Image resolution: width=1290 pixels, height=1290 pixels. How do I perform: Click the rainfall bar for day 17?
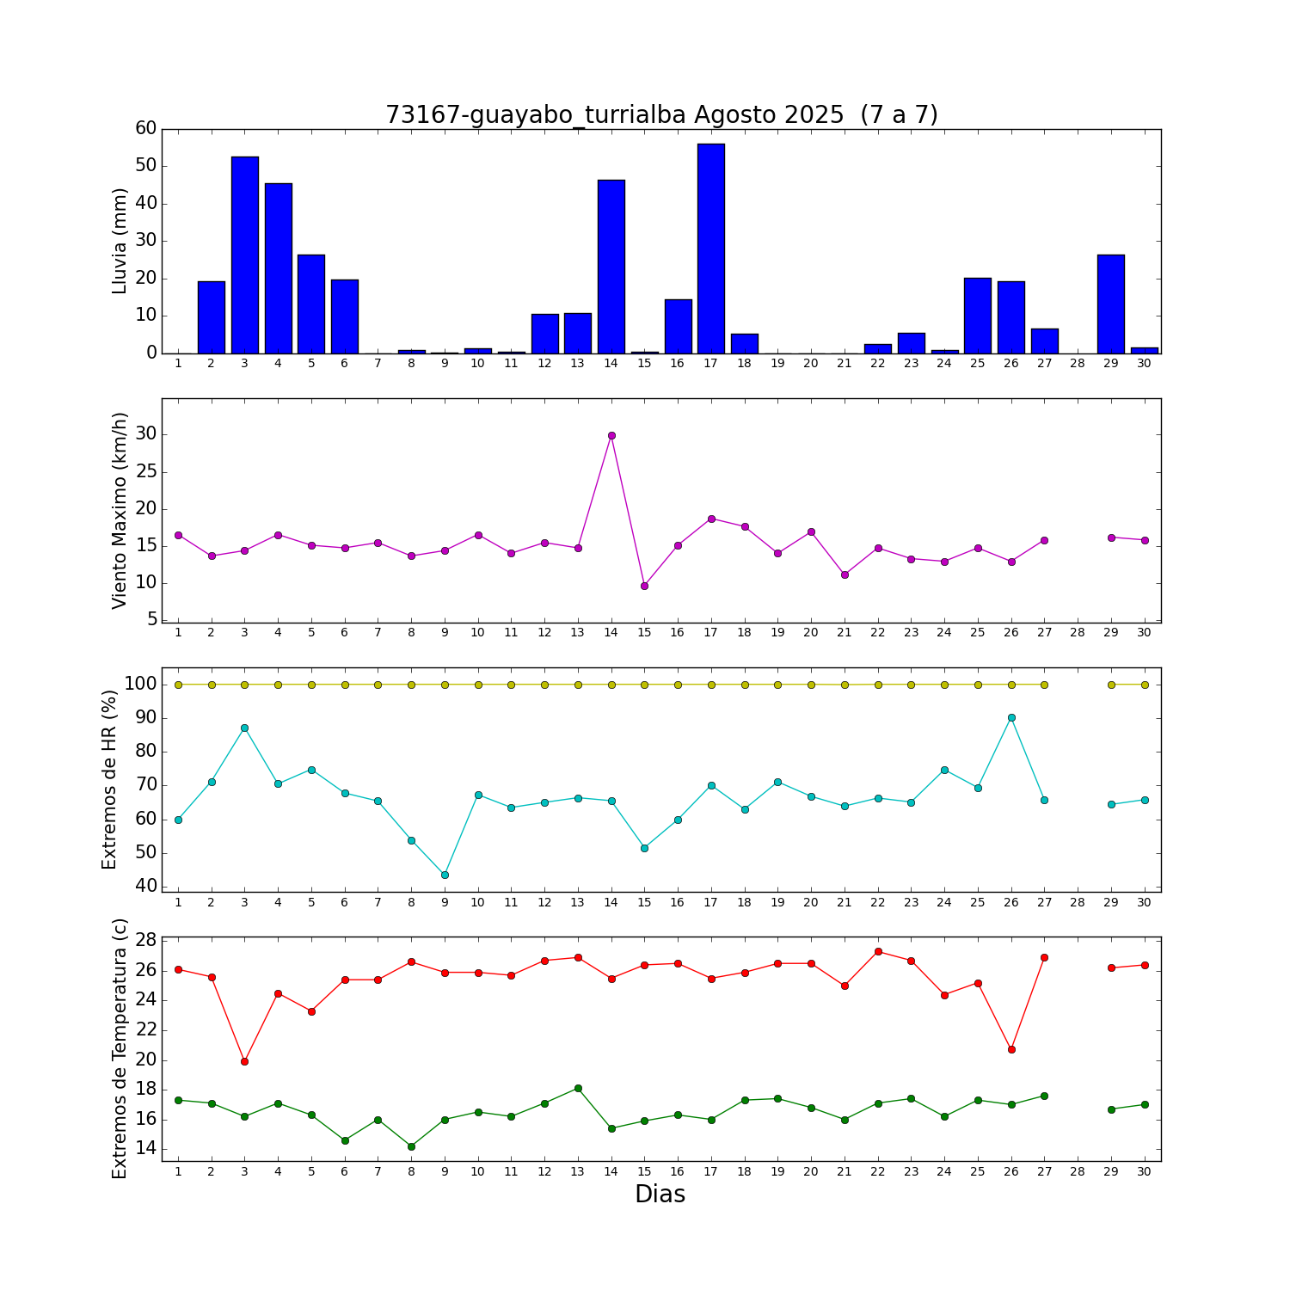pyautogui.click(x=710, y=249)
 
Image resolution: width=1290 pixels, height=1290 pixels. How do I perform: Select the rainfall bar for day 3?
pyautogui.click(x=244, y=255)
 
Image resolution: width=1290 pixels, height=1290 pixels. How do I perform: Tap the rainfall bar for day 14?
pyautogui.click(x=611, y=267)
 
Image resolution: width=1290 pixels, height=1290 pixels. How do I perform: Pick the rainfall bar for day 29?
pyautogui.click(x=1110, y=304)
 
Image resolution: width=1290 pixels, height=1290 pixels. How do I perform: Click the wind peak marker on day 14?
pyautogui.click(x=611, y=435)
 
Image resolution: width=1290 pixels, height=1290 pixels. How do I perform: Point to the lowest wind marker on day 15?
pyautogui.click(x=644, y=586)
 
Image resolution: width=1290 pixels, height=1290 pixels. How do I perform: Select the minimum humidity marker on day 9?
pyautogui.click(x=445, y=875)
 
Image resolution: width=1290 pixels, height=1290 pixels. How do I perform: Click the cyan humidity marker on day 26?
pyautogui.click(x=1011, y=717)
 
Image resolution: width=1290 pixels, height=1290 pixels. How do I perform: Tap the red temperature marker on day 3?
pyautogui.click(x=244, y=1061)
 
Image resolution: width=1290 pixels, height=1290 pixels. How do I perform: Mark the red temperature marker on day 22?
pyautogui.click(x=878, y=951)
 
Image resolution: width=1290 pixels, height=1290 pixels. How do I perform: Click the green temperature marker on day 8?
pyautogui.click(x=411, y=1146)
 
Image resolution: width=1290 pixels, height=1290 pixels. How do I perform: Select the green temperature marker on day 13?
pyautogui.click(x=578, y=1088)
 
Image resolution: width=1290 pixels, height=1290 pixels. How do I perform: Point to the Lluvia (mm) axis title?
pyautogui.click(x=120, y=241)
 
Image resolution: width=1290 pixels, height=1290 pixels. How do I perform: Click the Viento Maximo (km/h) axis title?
pyautogui.click(x=120, y=510)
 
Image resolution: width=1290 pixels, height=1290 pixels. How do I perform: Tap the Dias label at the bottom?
pyautogui.click(x=660, y=1195)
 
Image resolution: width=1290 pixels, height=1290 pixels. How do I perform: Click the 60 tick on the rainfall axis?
pyautogui.click(x=146, y=128)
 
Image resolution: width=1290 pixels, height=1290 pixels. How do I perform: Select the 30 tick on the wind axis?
pyautogui.click(x=146, y=434)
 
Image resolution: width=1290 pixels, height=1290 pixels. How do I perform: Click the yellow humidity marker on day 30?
pyautogui.click(x=1144, y=685)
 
